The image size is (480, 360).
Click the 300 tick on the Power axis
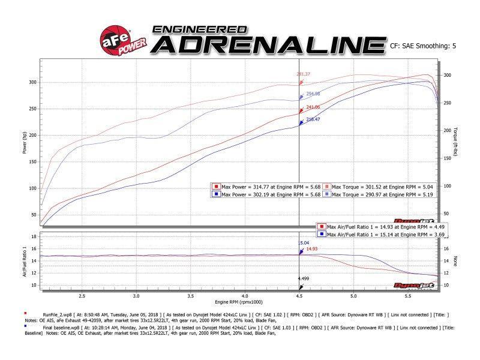point(32,82)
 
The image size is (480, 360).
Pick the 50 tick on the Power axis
point(34,215)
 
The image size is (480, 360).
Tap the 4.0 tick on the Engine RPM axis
point(245,296)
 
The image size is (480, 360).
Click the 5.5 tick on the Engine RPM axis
point(408,296)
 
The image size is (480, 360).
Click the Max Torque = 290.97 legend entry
point(379,194)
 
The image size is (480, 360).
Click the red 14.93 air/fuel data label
point(312,249)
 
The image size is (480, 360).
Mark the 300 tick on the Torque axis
point(447,76)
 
